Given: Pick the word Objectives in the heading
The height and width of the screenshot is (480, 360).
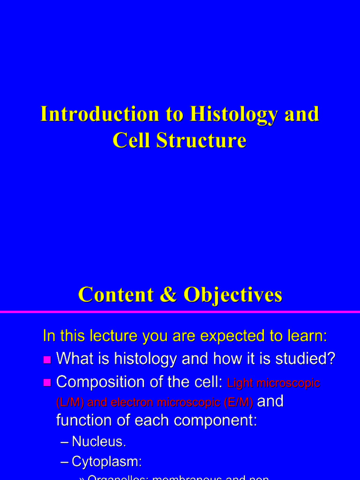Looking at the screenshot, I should tap(232, 294).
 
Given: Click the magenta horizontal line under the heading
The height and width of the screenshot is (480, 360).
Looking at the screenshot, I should tap(180, 312).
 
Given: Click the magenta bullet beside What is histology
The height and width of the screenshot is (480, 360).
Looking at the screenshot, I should tap(47, 360).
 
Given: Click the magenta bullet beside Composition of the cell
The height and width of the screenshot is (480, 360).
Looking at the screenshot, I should tap(47, 382).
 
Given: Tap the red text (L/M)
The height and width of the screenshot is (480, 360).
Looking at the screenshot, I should tap(70, 402).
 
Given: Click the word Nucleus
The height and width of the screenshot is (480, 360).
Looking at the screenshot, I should tap(98, 442).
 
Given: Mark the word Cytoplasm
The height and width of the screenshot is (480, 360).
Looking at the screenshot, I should tap(106, 462).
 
